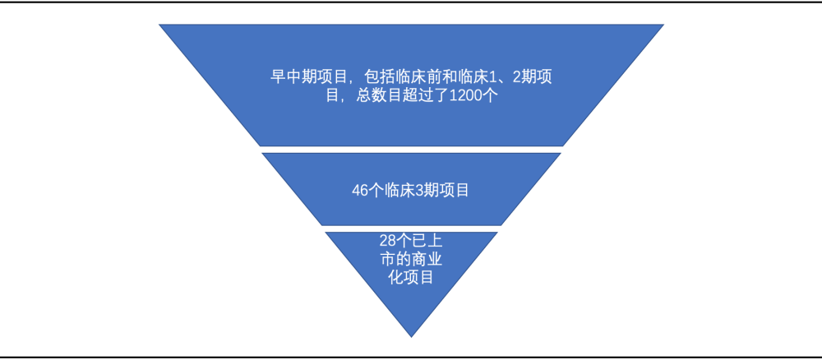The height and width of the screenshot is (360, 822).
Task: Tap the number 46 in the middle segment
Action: point(359,190)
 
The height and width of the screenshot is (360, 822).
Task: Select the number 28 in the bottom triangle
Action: point(386,241)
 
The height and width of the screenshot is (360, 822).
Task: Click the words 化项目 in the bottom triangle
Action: point(411,277)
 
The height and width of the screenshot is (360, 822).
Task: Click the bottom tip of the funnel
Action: point(411,337)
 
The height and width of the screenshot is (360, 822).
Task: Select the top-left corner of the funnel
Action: point(159,25)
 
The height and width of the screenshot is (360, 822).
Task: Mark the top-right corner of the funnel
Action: point(663,25)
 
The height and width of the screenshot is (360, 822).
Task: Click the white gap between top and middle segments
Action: point(411,150)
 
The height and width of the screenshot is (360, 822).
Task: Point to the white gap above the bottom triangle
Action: point(411,228)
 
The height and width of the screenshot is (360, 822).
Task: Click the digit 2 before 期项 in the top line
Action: point(516,77)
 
